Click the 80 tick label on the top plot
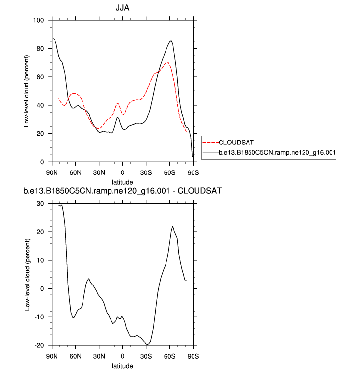tap(41, 49)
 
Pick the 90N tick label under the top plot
tap(52, 172)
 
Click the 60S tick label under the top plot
tap(169, 172)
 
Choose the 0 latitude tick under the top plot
tap(122, 172)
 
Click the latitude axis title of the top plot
tap(122, 181)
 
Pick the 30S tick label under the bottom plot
tap(146, 356)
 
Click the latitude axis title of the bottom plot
tap(122, 365)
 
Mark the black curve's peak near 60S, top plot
tap(171, 41)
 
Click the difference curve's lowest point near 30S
tap(147, 345)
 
